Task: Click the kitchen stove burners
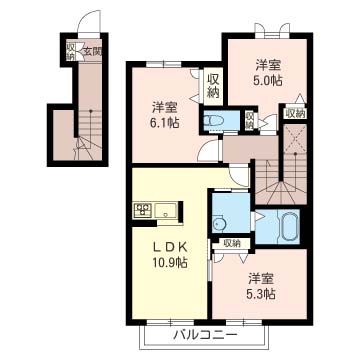pyautogui.click(x=141, y=210)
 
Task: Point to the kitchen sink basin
pyautogui.click(x=164, y=210)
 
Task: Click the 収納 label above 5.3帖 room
pyautogui.click(x=231, y=242)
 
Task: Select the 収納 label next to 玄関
pyautogui.click(x=70, y=51)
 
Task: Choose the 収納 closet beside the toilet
pyautogui.click(x=249, y=119)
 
